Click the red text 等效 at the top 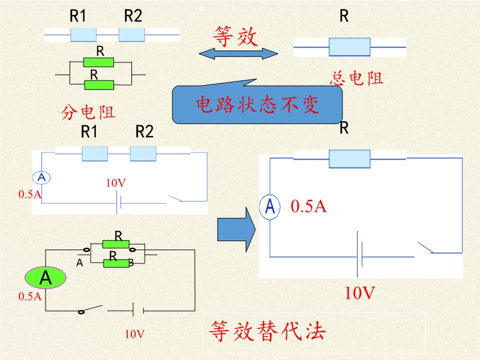point(235,37)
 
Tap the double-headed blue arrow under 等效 point(238,54)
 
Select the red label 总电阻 point(356,78)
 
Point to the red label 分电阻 point(88,111)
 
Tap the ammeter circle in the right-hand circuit point(270,206)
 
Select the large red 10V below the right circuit point(359,293)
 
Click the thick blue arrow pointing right point(236,229)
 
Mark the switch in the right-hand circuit point(425,247)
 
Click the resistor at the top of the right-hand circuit point(349,158)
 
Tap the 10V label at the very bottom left point(134,334)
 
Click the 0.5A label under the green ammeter point(30,296)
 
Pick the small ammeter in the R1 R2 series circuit point(41,178)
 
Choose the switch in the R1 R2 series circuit point(175,199)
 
